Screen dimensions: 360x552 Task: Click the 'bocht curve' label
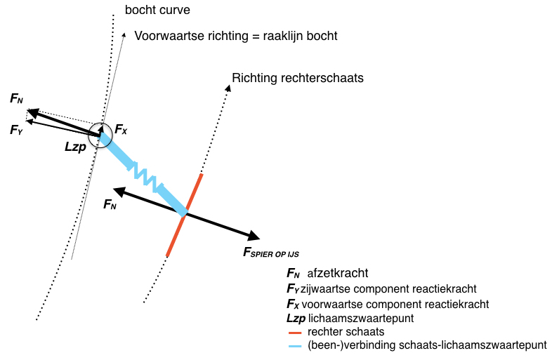157,11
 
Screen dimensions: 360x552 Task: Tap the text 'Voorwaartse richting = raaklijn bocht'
236,36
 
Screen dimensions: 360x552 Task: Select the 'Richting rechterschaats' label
297,78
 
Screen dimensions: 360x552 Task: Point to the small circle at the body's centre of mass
101,131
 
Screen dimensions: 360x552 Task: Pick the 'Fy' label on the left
16,130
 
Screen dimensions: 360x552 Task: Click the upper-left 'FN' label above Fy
16,99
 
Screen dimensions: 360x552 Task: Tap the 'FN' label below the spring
110,205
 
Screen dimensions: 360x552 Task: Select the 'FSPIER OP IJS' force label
275,251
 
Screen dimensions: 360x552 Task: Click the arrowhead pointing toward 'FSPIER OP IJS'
254,236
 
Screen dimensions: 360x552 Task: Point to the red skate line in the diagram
185,215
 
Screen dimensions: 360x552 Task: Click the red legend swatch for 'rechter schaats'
295,332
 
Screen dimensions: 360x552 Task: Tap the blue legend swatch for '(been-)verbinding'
295,345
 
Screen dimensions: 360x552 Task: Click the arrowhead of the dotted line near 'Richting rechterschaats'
228,88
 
